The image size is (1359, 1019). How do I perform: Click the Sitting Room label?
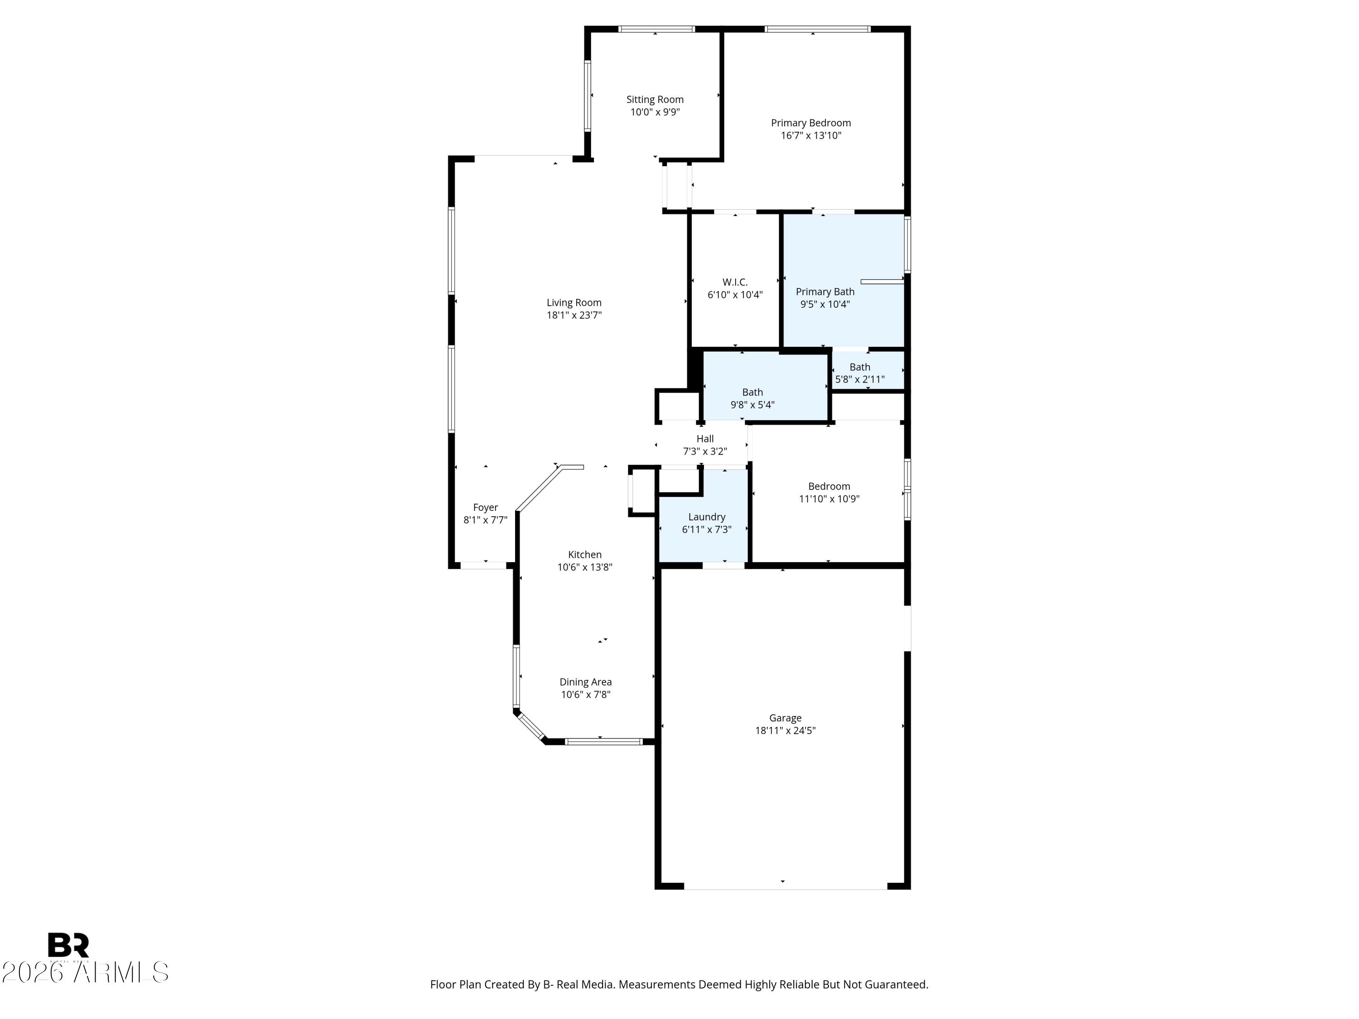(655, 100)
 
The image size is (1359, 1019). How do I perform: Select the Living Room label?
(574, 303)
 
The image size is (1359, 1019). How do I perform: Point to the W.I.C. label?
(735, 283)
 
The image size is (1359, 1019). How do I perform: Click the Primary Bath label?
(825, 292)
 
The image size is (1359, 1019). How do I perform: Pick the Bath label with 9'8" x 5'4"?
(752, 393)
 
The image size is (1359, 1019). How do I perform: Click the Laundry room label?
(707, 517)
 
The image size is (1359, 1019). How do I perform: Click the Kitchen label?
(585, 555)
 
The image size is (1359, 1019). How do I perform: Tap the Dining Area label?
(585, 682)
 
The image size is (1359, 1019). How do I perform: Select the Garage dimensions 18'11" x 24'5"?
(785, 731)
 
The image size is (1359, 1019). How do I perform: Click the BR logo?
(68, 945)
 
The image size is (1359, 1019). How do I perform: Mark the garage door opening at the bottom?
(785, 886)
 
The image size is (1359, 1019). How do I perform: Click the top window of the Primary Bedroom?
(817, 29)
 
